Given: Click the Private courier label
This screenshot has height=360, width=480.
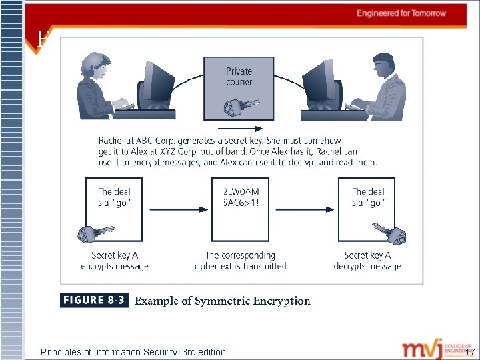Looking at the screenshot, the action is (x=239, y=77).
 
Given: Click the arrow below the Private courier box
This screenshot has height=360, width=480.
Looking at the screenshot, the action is (x=239, y=129).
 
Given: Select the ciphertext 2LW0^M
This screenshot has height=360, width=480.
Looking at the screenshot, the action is (x=241, y=192).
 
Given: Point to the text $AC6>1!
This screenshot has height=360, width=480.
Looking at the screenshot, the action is (x=241, y=203).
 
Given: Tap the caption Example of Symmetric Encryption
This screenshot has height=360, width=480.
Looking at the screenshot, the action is (x=223, y=301).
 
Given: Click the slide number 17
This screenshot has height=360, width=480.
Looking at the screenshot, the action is (x=470, y=352).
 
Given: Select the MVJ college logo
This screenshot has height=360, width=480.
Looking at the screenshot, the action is (x=430, y=349).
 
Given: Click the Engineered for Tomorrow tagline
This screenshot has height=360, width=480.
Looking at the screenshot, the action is (x=401, y=13).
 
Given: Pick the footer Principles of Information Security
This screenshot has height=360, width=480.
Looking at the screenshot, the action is (x=133, y=352).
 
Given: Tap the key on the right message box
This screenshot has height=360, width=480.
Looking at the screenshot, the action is (x=390, y=233).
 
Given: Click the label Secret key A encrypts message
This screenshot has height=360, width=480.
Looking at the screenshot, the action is (x=115, y=261).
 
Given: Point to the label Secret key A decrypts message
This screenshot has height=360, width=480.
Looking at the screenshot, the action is (x=367, y=261).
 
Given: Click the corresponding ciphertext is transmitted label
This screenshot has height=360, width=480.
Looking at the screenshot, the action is (x=240, y=261).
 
